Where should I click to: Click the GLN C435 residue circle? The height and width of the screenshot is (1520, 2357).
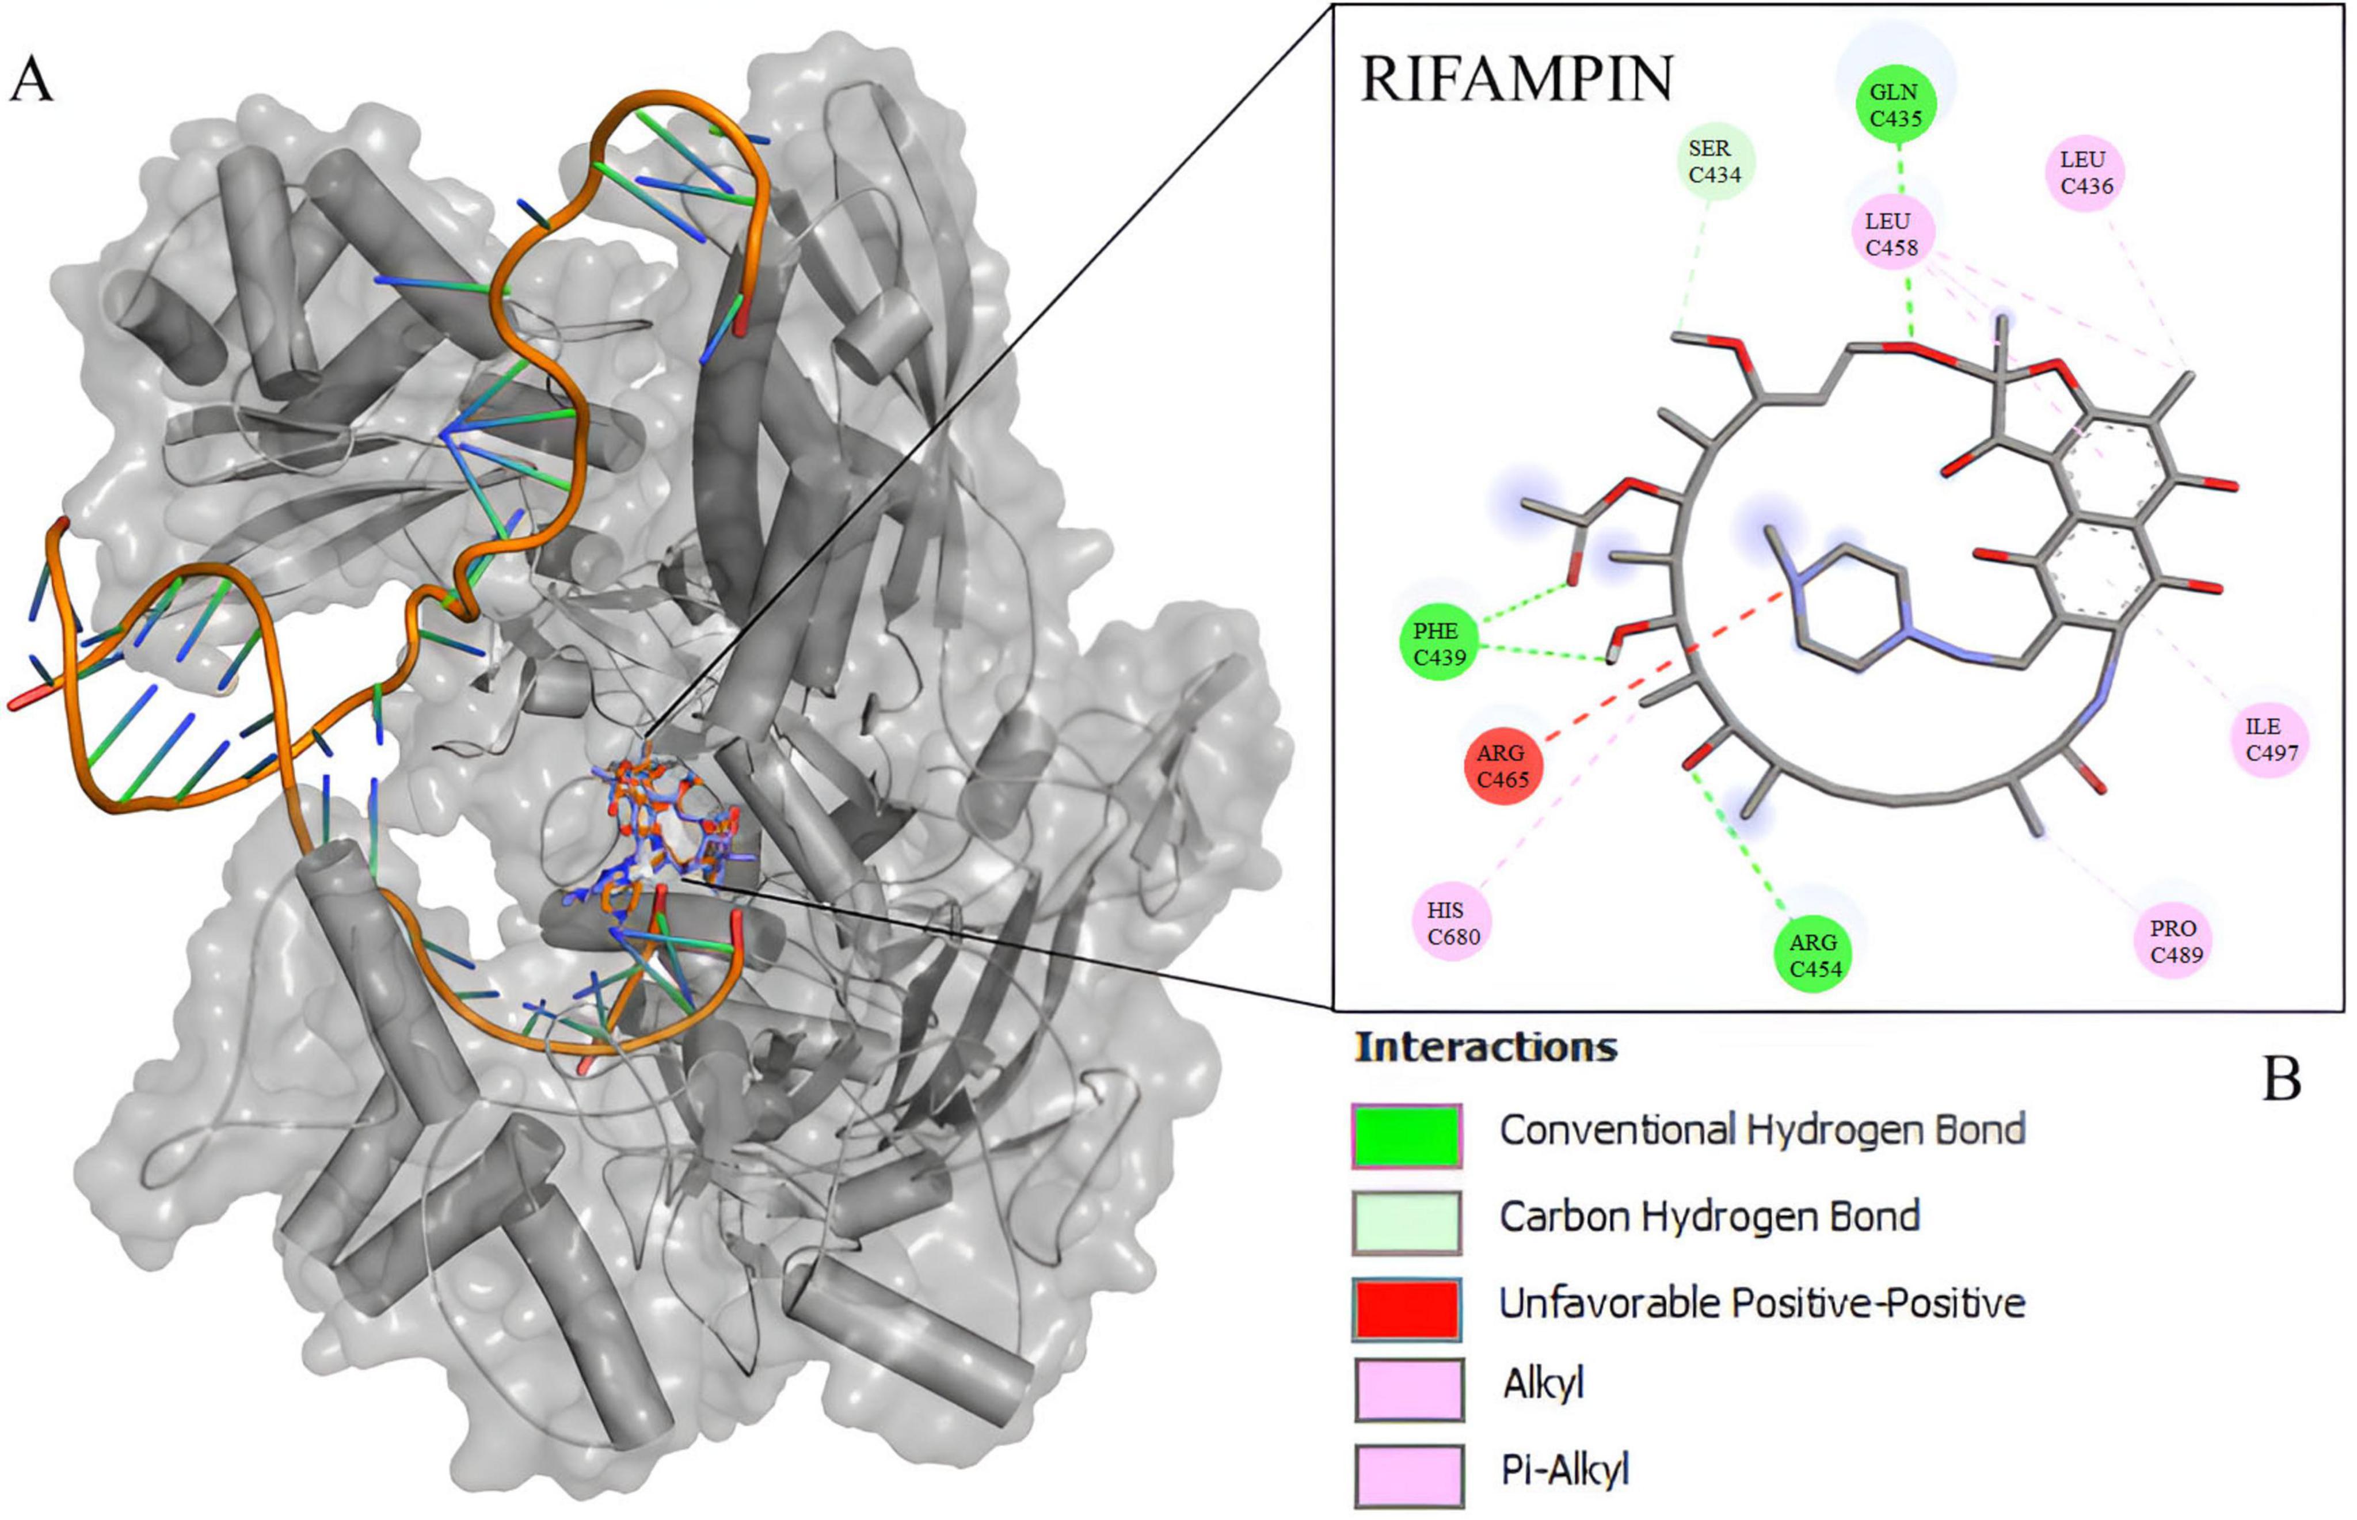tap(1895, 105)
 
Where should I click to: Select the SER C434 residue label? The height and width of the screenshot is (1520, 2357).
tap(1715, 162)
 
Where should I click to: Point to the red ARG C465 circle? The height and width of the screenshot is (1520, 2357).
tap(1502, 766)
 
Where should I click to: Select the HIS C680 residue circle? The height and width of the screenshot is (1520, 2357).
tap(1453, 923)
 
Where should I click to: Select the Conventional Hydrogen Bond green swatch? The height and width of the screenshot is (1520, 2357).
tap(1407, 1135)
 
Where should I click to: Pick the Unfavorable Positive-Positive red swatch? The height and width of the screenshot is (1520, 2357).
tap(1407, 1309)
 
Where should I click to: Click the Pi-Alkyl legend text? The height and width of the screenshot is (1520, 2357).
tap(1564, 1471)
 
